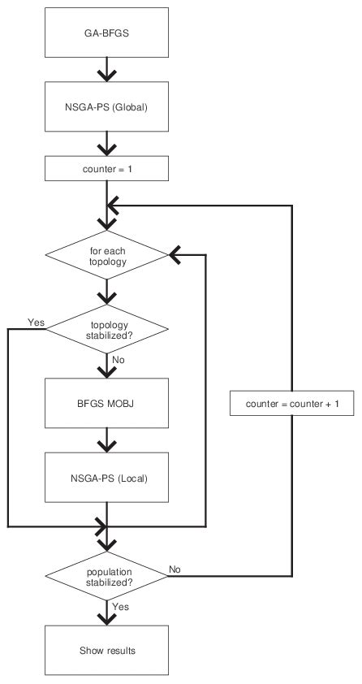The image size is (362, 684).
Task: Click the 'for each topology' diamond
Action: coord(106,256)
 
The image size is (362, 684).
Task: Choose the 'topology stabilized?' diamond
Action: coord(106,328)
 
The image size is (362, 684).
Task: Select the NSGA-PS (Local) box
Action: coord(106,477)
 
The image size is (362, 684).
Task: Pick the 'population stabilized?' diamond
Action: coord(106,576)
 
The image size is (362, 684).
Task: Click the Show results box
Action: coord(106,652)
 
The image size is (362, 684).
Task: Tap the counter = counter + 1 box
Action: coord(292,403)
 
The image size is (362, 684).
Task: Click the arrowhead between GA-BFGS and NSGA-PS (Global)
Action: coord(106,75)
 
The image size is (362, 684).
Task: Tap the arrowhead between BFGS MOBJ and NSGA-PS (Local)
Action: coord(106,445)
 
